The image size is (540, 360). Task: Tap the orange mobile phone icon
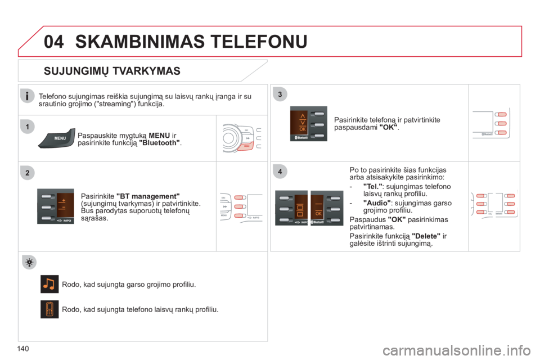click(49, 309)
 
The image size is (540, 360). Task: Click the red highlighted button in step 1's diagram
click(245, 147)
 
